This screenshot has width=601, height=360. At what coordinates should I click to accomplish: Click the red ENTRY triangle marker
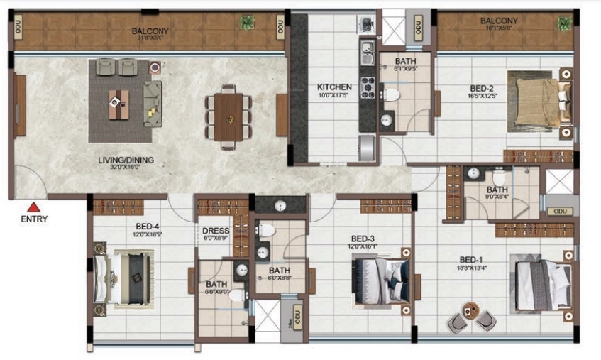click(33, 207)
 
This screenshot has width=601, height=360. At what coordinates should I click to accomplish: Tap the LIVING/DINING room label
click(126, 160)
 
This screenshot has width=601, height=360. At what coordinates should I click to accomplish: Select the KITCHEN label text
click(333, 88)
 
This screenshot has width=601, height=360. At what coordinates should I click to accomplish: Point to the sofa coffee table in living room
click(118, 104)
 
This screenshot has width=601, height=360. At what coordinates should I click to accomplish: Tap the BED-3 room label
click(363, 239)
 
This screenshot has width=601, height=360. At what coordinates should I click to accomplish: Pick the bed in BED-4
click(128, 276)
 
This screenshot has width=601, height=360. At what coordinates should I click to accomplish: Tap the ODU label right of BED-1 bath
click(561, 211)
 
